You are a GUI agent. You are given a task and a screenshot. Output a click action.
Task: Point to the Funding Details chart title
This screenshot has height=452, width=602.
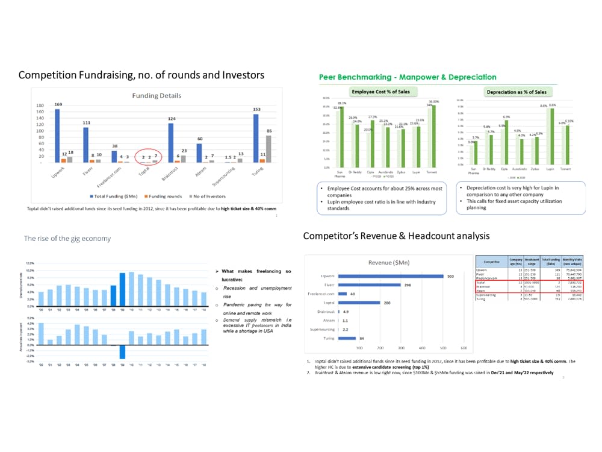click(156, 95)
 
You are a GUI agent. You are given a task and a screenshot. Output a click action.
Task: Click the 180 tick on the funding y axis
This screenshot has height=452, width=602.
click(40, 105)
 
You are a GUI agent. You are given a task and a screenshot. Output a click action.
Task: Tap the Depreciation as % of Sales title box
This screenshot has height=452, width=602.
click(517, 92)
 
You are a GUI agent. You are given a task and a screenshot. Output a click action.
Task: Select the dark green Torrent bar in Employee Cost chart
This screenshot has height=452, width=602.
click(432, 136)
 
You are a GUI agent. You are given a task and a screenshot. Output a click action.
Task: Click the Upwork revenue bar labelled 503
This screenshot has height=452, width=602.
click(391, 277)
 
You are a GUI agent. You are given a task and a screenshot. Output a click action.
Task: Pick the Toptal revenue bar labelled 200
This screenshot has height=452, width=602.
click(359, 303)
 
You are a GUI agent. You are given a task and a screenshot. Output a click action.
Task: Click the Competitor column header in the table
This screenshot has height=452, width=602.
click(491, 260)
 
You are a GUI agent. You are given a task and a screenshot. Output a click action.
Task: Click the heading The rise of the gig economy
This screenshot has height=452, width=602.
click(67, 239)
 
